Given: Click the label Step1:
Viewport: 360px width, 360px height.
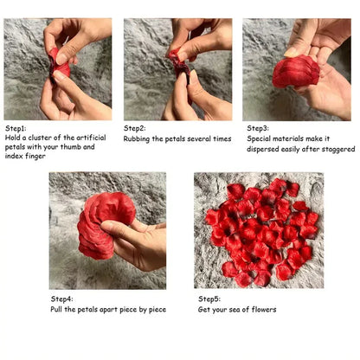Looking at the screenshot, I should point(16,127).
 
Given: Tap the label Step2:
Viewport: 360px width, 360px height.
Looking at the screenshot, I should point(136,127).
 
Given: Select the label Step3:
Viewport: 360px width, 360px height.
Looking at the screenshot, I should point(255,127).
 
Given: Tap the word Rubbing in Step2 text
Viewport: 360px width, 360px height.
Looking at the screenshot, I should point(138,138).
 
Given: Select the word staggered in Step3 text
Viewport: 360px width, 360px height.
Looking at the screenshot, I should point(337,148).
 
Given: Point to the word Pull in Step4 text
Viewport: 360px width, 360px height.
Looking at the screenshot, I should point(56,308).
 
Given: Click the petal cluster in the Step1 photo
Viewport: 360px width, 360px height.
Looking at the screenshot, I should point(59,61).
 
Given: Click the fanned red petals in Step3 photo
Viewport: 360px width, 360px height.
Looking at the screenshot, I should point(295,72).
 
